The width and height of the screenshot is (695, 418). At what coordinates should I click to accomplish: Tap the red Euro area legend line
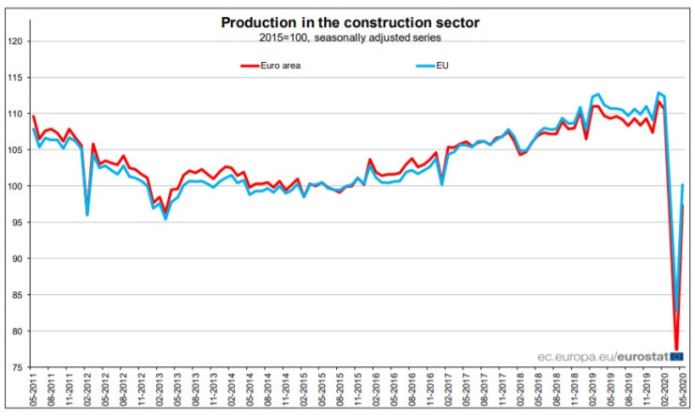click(250, 66)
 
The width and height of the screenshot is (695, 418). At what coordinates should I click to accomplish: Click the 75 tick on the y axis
click(16, 366)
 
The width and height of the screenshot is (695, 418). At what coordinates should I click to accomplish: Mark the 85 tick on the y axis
click(16, 294)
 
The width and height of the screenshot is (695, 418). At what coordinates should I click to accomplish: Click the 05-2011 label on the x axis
click(35, 395)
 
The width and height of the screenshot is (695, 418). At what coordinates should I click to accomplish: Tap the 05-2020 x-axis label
click(684, 395)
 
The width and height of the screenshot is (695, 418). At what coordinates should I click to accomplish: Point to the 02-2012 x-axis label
click(88, 395)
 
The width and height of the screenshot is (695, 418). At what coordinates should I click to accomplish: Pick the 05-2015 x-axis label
click(322, 395)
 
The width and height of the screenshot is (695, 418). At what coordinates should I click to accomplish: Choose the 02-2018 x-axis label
click(520, 395)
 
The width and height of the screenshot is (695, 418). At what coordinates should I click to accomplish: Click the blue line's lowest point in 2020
click(676, 311)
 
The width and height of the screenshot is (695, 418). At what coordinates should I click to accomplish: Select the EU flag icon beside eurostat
click(677, 357)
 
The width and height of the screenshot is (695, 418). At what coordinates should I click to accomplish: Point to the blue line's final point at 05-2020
click(683, 185)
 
